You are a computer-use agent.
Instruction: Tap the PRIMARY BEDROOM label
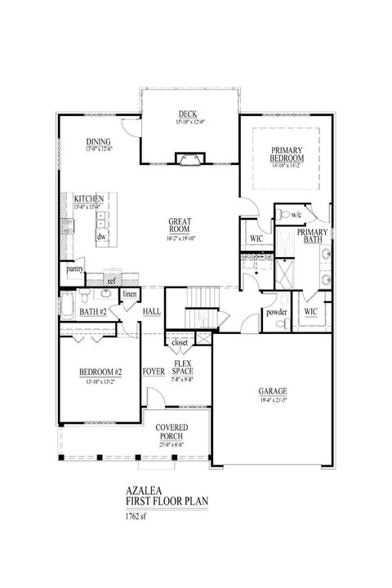click(287, 154)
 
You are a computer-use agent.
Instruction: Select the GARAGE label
click(273, 390)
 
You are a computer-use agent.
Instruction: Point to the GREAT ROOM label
click(180, 222)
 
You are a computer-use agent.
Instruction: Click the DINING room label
click(99, 142)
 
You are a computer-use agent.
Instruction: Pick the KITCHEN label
click(87, 199)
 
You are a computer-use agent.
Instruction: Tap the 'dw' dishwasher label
click(102, 236)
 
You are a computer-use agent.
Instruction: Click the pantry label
click(77, 268)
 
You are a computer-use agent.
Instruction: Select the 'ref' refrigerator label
click(109, 281)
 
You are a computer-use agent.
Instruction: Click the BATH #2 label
click(94, 312)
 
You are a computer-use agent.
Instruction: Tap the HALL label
click(152, 312)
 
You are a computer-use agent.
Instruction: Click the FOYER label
click(154, 372)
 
